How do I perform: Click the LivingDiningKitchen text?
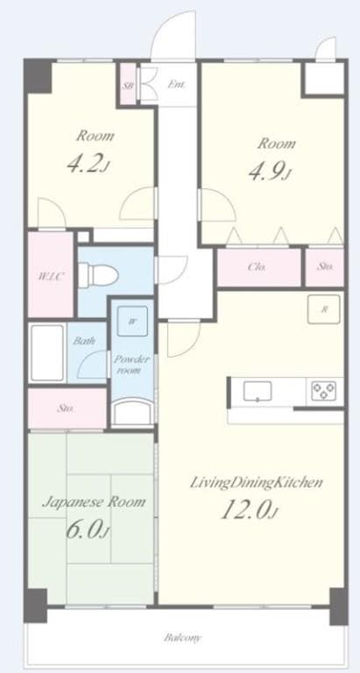pyautogui.click(x=258, y=482)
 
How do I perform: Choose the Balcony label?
pyautogui.click(x=183, y=638)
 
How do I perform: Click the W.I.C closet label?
pyautogui.click(x=49, y=275)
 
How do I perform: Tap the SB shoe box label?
pyautogui.click(x=128, y=86)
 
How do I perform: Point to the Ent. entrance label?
pyautogui.click(x=176, y=85)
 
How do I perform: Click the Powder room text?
pyautogui.click(x=132, y=365)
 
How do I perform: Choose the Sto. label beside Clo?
pyautogui.click(x=325, y=267)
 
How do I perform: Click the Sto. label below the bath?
pyautogui.click(x=67, y=408)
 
